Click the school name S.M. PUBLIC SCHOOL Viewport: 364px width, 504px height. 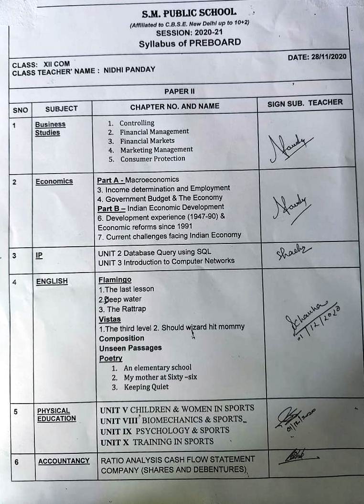tap(189, 12)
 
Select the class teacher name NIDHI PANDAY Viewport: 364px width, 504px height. tap(129, 69)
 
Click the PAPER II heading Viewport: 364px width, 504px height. tap(179, 91)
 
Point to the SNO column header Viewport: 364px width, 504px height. tap(21, 110)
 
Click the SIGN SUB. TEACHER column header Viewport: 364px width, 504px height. tap(305, 102)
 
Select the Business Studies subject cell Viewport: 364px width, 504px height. tap(50, 128)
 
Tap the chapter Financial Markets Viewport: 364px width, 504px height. tap(147, 141)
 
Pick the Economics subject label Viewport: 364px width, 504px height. tap(54, 181)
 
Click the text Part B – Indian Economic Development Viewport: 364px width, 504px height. tap(161, 207)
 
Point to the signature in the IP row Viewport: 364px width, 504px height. tap(293, 252)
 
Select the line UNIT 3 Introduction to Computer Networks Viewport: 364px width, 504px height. tap(166, 261)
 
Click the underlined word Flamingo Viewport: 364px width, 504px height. tap(115, 280)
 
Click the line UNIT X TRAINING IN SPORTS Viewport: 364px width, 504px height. tap(157, 441)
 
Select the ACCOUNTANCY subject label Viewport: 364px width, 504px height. tap(64, 461)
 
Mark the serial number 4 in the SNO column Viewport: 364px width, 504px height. tap(15, 282)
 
